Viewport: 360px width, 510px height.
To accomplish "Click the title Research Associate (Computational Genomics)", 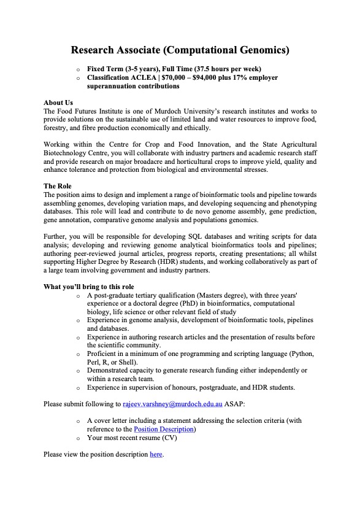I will click(x=180, y=49).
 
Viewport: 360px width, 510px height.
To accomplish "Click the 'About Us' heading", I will click(x=58, y=102).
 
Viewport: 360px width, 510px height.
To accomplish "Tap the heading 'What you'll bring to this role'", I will click(x=89, y=287).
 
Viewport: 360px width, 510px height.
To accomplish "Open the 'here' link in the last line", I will click(x=156, y=455).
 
